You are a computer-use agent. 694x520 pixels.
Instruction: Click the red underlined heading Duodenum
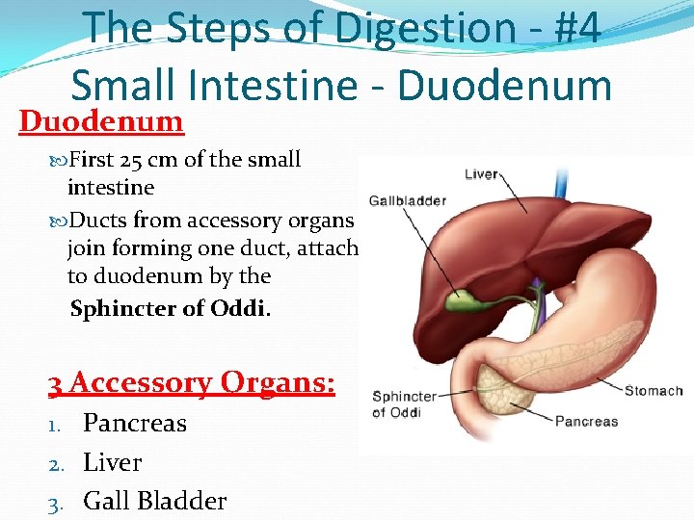[101, 122]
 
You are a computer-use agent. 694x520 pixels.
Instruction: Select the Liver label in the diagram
[481, 174]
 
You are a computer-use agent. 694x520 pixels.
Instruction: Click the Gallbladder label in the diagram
[407, 200]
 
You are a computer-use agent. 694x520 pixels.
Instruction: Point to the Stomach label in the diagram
[654, 390]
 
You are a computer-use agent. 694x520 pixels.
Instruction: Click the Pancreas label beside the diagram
[586, 421]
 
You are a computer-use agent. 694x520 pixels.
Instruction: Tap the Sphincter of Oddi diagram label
[404, 404]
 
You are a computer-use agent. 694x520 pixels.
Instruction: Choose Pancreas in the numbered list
[135, 423]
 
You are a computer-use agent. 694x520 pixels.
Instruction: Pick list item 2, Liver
[113, 462]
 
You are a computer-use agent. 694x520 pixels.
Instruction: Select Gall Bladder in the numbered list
[154, 501]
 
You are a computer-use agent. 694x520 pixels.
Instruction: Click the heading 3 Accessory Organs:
[192, 383]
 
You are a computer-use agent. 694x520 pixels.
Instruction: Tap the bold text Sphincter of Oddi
[171, 310]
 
